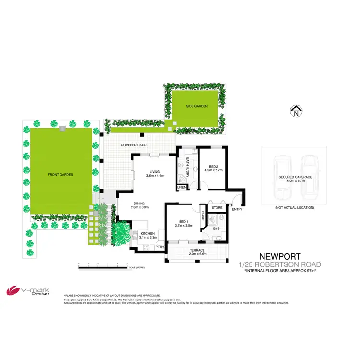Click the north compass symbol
coord(296,111)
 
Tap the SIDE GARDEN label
coord(197,106)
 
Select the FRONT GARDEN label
coord(61,175)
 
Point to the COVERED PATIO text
coord(134,144)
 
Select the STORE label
coord(216,208)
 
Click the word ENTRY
coord(237,209)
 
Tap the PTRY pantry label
coord(160,247)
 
